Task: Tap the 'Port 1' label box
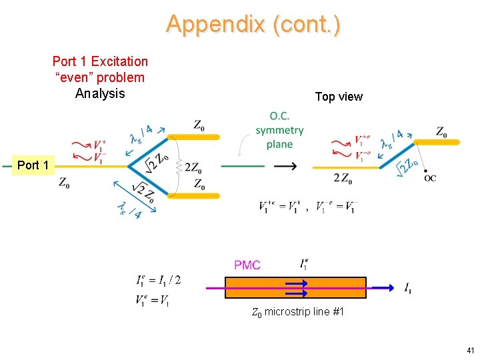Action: coord(33,165)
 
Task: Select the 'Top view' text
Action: coord(339,97)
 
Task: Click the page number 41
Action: coord(471,351)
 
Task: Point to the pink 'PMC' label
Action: coord(247,265)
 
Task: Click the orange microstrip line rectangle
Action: coord(295,287)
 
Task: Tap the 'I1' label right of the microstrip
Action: coord(408,288)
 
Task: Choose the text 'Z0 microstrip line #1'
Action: coord(298,311)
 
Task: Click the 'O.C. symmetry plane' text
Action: coord(279,130)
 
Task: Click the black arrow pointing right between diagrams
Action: coord(285,165)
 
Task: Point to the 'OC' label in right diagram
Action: coord(431,178)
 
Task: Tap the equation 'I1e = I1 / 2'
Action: coord(158,280)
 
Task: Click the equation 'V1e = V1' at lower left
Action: coord(153,301)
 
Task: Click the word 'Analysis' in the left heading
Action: coord(100,93)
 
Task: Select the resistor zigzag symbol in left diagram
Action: coord(179,166)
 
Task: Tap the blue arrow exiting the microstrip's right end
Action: coord(383,287)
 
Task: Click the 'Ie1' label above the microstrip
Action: coord(304,264)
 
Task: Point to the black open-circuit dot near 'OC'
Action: coord(425,171)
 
